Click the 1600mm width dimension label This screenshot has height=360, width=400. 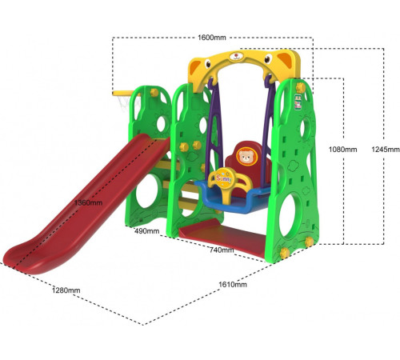pos(212,38)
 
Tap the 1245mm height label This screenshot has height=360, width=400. pos(386,150)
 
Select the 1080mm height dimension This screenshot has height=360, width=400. pos(342,150)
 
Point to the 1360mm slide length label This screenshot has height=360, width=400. pos(88,202)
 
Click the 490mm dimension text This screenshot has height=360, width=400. pos(146,231)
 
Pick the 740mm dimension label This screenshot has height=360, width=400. pos(222,250)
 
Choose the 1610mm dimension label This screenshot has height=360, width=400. pos(233,285)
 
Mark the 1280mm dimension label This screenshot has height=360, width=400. pos(66,290)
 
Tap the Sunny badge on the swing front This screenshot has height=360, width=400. pos(224,178)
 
